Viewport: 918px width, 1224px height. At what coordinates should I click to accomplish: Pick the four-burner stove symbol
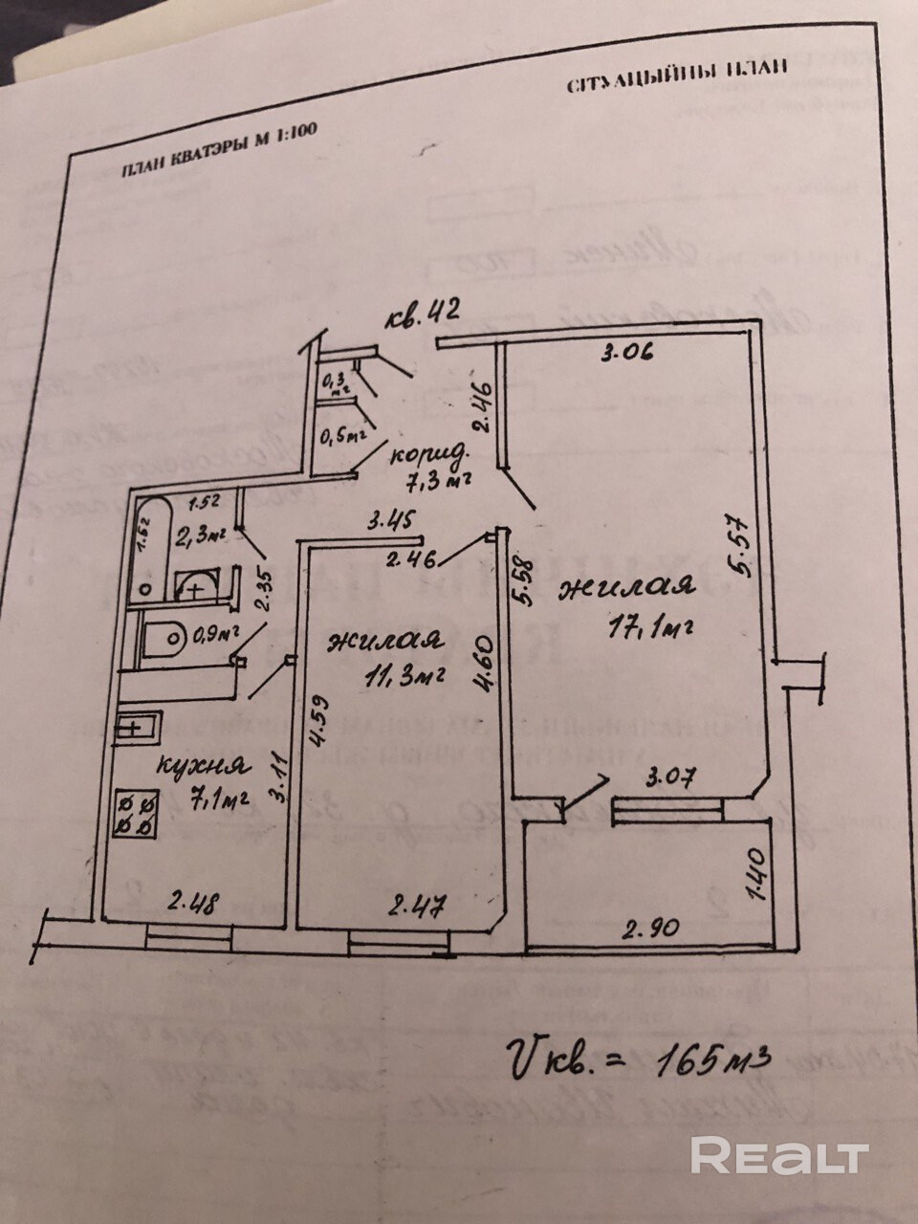pyautogui.click(x=136, y=812)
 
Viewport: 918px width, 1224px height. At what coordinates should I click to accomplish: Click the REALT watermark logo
pyautogui.click(x=778, y=1155)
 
